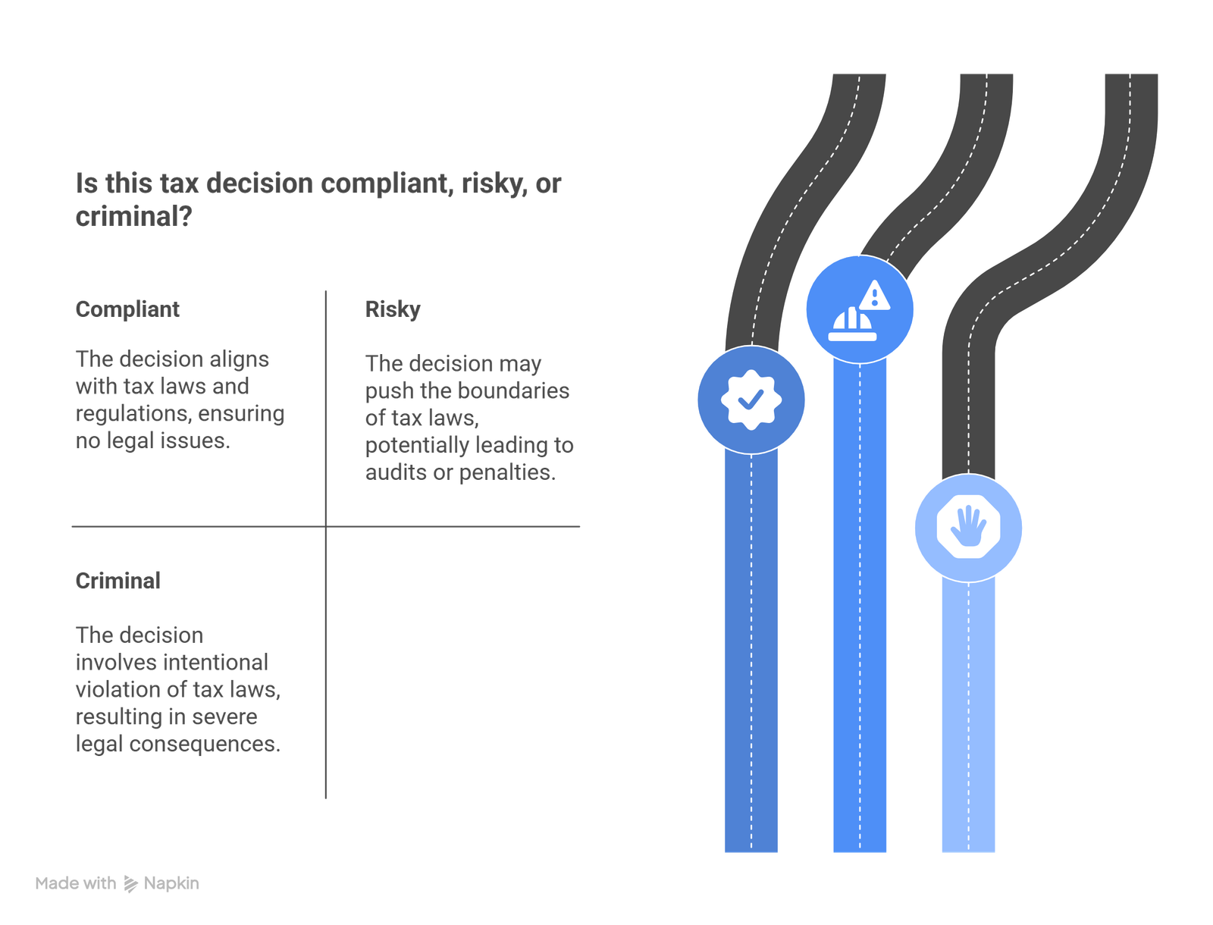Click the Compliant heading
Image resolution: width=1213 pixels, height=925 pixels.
click(127, 309)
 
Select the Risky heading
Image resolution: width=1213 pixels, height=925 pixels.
click(393, 309)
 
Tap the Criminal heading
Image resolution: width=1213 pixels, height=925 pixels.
click(118, 581)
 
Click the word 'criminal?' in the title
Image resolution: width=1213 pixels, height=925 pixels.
click(133, 216)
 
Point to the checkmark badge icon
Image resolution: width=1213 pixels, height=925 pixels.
click(751, 399)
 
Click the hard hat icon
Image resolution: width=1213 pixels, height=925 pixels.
click(851, 325)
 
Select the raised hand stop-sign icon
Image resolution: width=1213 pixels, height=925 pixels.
click(968, 527)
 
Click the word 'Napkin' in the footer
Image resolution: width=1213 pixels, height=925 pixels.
click(171, 883)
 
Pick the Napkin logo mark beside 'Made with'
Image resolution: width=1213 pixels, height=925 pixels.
click(130, 883)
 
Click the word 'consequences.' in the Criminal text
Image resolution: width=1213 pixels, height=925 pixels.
click(205, 745)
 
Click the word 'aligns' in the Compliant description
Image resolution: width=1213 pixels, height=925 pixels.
click(239, 359)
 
